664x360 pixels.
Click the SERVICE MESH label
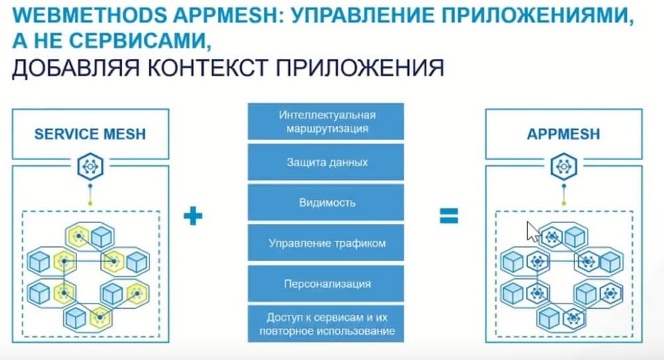click(x=90, y=135)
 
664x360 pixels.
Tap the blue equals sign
click(x=449, y=215)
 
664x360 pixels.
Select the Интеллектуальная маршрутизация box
click(x=325, y=121)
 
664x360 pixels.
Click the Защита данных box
click(x=325, y=162)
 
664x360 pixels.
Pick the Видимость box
click(x=325, y=203)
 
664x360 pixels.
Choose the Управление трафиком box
click(x=325, y=243)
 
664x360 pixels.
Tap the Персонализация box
click(x=325, y=284)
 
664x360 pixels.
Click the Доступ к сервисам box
click(x=325, y=323)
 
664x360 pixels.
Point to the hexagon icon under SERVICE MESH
click(x=90, y=166)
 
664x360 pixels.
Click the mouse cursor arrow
click(x=532, y=231)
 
